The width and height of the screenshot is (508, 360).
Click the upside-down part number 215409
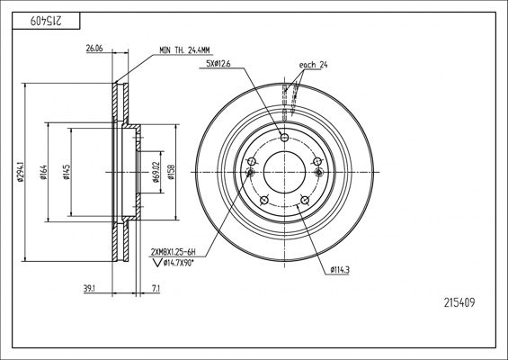click(46, 22)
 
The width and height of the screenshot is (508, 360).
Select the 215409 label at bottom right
click(459, 302)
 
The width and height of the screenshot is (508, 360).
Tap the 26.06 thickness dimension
click(94, 49)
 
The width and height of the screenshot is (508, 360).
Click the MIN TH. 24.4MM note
click(184, 50)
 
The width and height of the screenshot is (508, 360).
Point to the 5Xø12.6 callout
click(218, 64)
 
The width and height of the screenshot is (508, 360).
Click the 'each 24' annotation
click(313, 65)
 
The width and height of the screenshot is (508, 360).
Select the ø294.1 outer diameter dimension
click(21, 172)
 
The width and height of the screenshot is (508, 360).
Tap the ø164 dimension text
click(43, 172)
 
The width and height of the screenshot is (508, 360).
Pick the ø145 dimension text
click(67, 172)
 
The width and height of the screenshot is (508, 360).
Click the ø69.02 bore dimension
click(156, 172)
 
